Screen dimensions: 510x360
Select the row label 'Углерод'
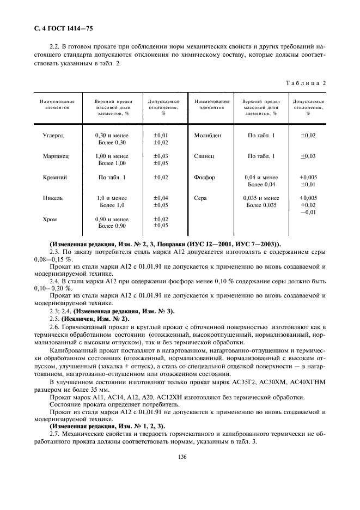[x=53, y=135]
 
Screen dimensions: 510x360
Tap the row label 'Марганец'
[x=56, y=156]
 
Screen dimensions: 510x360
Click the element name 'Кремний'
[x=54, y=178]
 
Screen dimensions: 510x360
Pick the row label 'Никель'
[x=54, y=198]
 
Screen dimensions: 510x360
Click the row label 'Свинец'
[x=204, y=156]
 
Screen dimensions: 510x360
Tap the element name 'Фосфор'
[x=205, y=178]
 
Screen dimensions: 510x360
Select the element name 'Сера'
[x=200, y=198]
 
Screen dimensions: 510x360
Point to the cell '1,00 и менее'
[x=112, y=156]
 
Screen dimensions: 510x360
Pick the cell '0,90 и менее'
[x=112, y=219]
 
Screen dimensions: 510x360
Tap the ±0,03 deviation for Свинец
[x=308, y=156]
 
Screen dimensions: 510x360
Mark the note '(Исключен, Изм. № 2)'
[x=82, y=318]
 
